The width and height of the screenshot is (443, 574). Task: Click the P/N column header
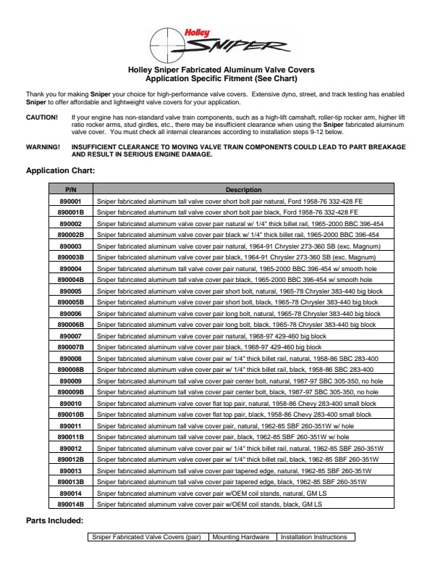click(x=70, y=189)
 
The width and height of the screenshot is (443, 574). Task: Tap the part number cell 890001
click(x=70, y=201)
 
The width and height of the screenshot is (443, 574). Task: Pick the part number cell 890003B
click(x=70, y=257)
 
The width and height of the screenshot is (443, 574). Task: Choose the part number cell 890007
click(x=70, y=336)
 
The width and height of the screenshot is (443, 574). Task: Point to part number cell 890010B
click(x=70, y=415)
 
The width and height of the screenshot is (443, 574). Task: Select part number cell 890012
click(x=70, y=449)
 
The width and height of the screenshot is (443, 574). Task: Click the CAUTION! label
click(x=42, y=117)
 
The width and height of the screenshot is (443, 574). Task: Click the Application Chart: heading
click(x=60, y=171)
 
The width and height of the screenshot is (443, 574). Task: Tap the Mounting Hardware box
click(x=242, y=537)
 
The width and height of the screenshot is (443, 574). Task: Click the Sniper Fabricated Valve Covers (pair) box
click(x=147, y=537)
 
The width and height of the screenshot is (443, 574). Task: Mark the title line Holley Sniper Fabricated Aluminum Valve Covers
click(x=221, y=70)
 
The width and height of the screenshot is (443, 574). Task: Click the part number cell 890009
click(x=70, y=380)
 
